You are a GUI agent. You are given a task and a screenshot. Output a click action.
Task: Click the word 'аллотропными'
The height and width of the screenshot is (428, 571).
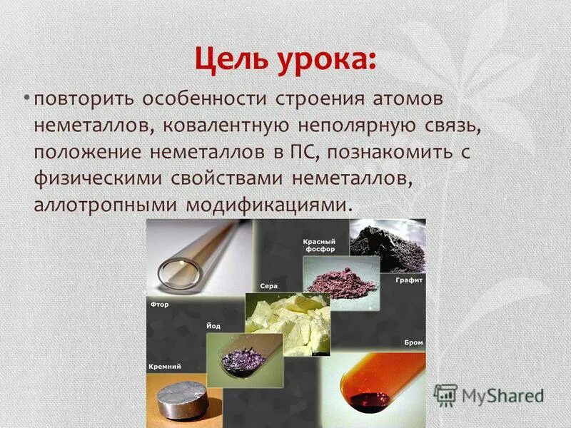tap(105, 205)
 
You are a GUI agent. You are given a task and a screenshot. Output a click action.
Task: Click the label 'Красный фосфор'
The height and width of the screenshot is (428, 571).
tap(319, 245)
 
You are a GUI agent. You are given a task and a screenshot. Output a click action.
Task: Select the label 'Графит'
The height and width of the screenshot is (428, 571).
tap(409, 280)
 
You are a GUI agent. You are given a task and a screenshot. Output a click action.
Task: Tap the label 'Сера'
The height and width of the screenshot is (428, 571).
tap(268, 286)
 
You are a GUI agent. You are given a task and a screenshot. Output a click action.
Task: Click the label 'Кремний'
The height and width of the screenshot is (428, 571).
tap(164, 366)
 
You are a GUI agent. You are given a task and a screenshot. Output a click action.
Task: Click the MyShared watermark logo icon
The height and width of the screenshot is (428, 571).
tap(445, 395)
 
